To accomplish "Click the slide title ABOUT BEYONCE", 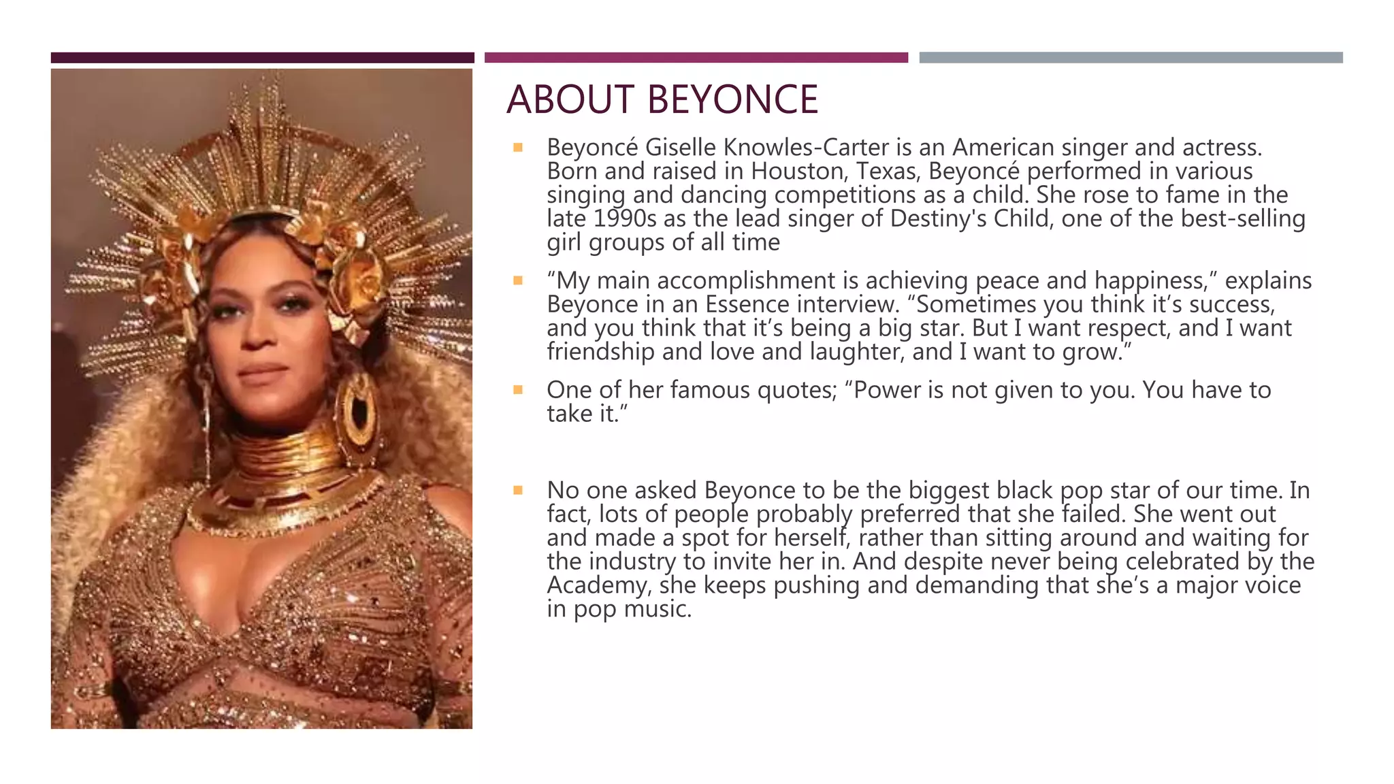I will (662, 99).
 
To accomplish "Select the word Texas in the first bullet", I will (889, 171).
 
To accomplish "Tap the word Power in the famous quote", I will (888, 390).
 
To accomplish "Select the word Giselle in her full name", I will (681, 148).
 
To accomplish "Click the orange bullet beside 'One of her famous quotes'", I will (518, 390).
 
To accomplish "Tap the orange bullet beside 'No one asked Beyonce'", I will (518, 490).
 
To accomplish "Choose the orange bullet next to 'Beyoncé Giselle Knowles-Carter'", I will (518, 148).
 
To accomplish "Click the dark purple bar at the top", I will (262, 58).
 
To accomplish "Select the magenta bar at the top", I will (696, 58).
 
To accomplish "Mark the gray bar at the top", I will (1131, 58).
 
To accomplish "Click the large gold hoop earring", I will (359, 412).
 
